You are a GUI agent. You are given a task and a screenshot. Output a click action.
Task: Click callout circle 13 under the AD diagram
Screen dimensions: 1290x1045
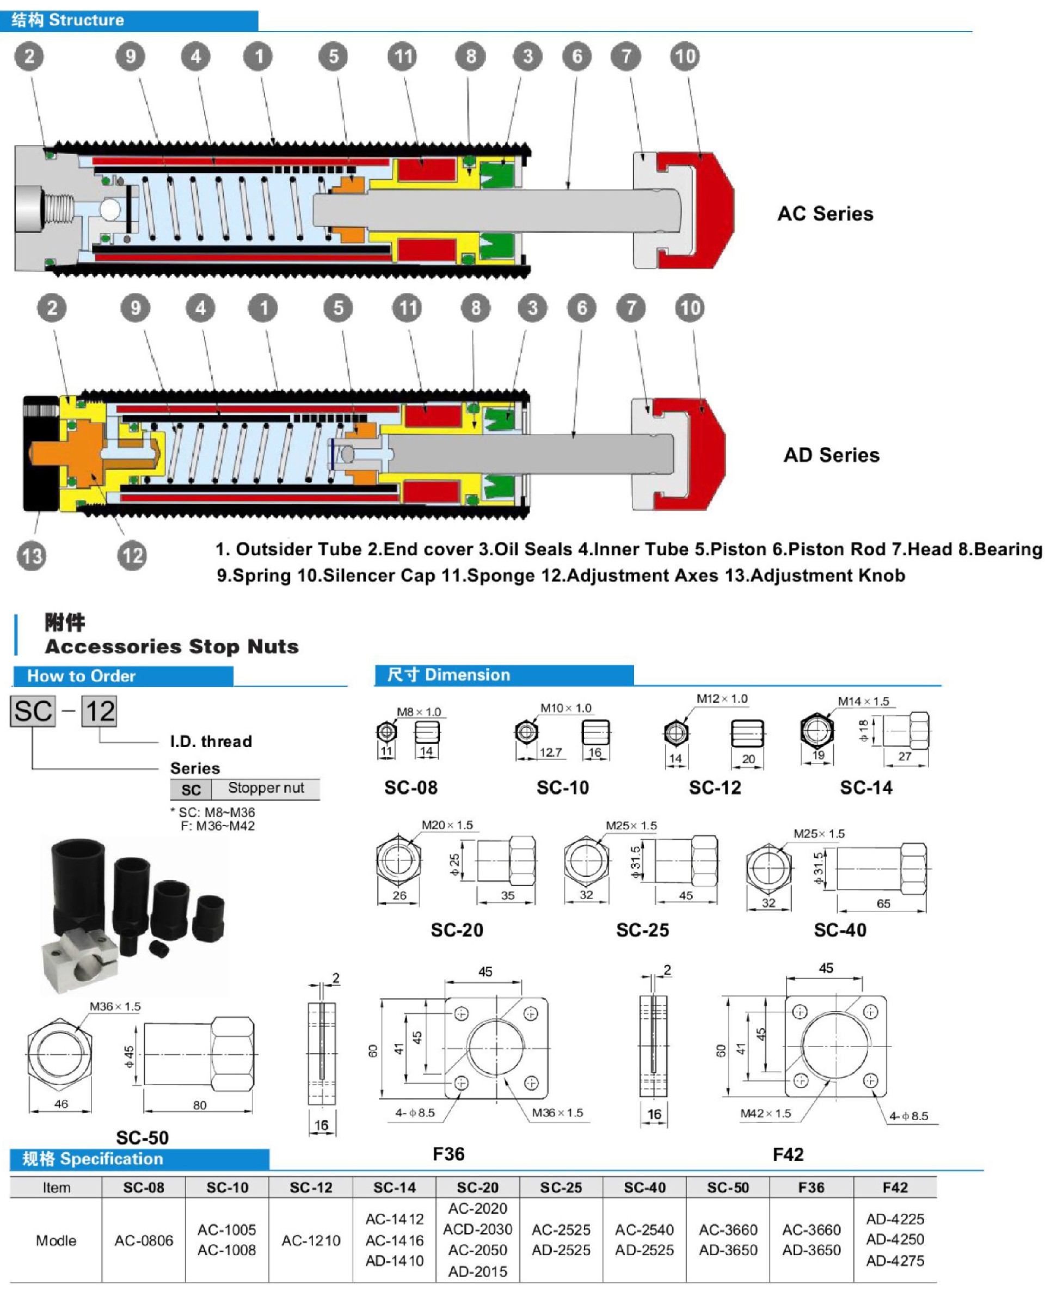tap(32, 555)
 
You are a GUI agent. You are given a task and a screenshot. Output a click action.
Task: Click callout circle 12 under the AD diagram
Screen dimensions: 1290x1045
tap(132, 555)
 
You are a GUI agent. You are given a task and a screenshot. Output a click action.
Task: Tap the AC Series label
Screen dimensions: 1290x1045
tap(825, 214)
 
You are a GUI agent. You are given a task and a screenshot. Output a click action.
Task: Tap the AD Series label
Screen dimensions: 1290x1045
tap(831, 455)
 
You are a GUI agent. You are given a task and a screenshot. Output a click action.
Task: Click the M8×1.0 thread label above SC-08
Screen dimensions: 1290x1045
tap(419, 712)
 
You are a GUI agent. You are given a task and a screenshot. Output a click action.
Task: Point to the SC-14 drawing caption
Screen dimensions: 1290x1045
tap(866, 787)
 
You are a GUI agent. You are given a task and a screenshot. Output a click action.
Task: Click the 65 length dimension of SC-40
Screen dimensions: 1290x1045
tap(883, 903)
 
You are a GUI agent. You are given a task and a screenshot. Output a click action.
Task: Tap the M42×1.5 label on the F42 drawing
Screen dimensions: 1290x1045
tap(765, 1114)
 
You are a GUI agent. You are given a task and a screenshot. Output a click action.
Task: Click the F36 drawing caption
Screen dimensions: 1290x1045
tap(448, 1154)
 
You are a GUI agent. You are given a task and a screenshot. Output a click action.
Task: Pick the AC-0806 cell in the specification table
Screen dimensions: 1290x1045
tap(144, 1240)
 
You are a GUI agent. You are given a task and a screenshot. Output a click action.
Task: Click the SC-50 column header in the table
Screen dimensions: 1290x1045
tap(728, 1188)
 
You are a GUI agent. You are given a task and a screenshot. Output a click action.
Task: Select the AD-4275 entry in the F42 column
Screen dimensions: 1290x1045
tap(895, 1261)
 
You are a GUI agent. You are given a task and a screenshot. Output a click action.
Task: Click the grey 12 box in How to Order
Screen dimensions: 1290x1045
tap(99, 711)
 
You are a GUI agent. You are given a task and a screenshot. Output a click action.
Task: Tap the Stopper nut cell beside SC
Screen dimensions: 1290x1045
tap(266, 788)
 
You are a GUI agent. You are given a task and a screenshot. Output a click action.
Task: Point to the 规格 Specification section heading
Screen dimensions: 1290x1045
tap(93, 1159)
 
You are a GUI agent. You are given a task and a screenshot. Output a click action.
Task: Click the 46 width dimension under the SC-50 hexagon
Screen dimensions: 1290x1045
tap(61, 1104)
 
